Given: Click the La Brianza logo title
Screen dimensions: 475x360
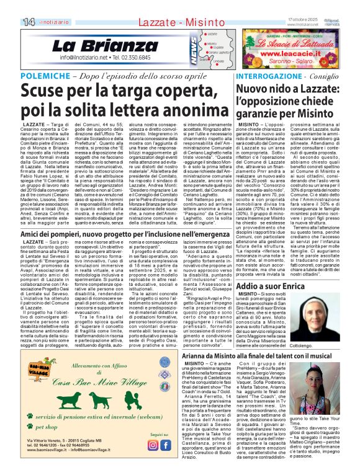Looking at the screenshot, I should point(96,46).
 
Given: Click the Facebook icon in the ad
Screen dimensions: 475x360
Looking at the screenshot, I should point(166,445).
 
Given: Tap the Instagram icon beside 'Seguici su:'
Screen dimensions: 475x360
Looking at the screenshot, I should point(153,445).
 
